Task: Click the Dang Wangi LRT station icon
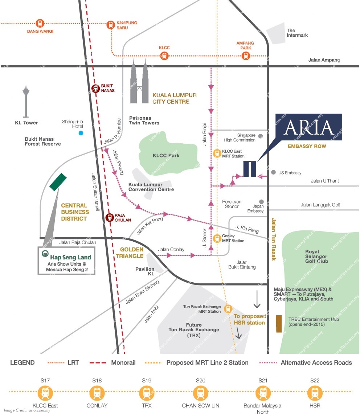click(40, 23)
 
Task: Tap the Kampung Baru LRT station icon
click(111, 25)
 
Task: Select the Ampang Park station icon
click(246, 56)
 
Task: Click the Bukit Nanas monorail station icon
click(95, 88)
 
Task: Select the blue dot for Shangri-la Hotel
click(81, 133)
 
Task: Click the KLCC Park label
click(166, 156)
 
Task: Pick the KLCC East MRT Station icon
click(217, 153)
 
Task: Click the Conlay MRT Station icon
click(217, 238)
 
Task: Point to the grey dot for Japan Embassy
click(261, 202)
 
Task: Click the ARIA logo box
click(308, 127)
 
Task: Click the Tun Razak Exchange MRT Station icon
click(228, 309)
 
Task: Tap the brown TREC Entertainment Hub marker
click(279, 324)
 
